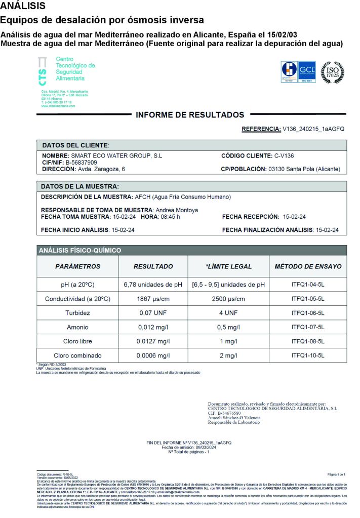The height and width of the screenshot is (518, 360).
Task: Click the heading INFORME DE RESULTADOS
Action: coord(190,115)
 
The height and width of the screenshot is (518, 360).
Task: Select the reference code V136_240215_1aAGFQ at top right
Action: coord(314,129)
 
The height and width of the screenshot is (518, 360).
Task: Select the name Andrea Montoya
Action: coord(177,210)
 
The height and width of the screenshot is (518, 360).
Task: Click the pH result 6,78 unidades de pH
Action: coord(153,285)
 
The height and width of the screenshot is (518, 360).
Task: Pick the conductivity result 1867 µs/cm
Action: coord(153,299)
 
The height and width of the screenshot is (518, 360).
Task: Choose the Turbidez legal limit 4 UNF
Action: coord(228,313)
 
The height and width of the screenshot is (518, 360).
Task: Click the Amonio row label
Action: coord(77,327)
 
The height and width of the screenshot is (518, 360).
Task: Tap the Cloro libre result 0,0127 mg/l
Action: coord(153,341)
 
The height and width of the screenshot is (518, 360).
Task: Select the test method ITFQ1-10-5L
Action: coord(308,355)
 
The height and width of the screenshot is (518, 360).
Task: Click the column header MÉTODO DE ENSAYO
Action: coord(308,266)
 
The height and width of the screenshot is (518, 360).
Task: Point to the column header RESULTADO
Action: coord(153,266)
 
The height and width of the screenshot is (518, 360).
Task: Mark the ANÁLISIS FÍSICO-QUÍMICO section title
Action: coord(81,250)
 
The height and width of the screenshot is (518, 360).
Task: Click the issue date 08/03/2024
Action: coord(203,448)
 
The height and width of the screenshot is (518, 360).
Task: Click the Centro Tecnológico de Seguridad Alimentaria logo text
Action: coord(75,69)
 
